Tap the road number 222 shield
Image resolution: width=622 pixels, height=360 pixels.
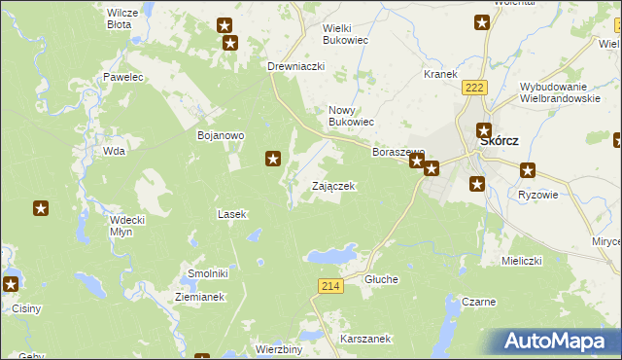474,88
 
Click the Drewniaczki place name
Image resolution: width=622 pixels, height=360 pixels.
295,66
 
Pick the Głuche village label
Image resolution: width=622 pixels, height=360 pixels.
381,279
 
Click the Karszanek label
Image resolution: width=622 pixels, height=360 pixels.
365,339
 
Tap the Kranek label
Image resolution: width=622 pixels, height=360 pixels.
440,74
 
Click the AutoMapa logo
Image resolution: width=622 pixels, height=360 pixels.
557,342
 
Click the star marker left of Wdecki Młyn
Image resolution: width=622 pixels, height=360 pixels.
41,207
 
